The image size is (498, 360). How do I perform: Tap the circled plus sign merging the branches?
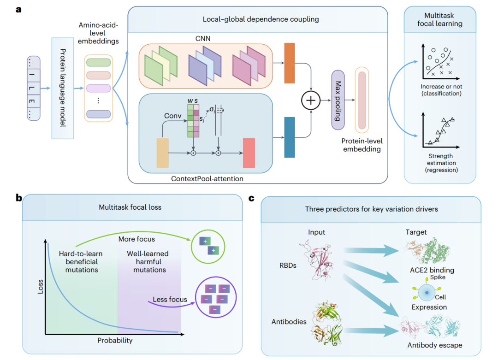tap(311, 100)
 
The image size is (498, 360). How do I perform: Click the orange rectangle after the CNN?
tap(290, 63)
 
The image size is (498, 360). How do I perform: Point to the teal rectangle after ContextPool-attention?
tap(290, 137)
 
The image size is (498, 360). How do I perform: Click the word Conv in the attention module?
tap(173, 116)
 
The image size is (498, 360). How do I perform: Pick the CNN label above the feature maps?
tap(203, 39)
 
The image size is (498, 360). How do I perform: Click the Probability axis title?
tap(115, 341)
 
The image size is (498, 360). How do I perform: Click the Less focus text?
tap(170, 300)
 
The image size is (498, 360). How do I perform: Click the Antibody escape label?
tap(434, 345)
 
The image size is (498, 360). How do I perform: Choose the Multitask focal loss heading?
tap(130, 207)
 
